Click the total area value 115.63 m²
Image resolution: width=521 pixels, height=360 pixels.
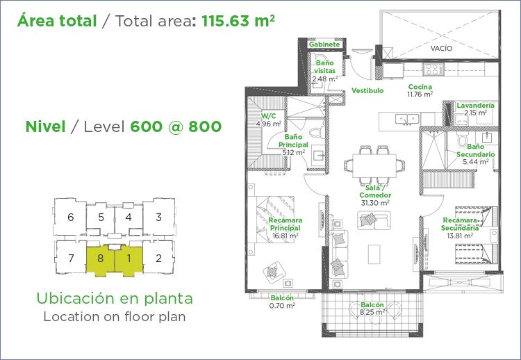[238, 21]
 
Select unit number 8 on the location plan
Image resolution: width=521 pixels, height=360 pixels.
[100, 258]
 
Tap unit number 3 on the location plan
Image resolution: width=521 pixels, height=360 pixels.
[159, 217]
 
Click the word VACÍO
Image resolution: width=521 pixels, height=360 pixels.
[441, 48]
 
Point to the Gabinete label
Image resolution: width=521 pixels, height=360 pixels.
[324, 44]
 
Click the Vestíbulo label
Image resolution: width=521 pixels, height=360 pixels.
[367, 90]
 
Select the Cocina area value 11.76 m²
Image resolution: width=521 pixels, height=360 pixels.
[420, 95]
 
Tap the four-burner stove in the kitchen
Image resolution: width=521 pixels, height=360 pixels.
[433, 69]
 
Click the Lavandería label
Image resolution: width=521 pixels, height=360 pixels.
[475, 106]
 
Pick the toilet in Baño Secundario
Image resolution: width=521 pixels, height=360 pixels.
[462, 139]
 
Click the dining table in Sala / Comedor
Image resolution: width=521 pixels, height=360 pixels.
[374, 165]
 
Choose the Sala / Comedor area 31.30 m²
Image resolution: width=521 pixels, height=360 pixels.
[375, 203]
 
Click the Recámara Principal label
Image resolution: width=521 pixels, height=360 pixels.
[286, 224]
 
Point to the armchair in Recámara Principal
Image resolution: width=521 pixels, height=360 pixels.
[274, 272]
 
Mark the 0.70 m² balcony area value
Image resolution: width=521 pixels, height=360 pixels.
[282, 306]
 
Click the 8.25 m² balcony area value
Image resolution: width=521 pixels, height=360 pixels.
[372, 312]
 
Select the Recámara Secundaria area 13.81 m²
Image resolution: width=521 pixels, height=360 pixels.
[460, 236]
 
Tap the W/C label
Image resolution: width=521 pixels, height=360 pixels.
[268, 116]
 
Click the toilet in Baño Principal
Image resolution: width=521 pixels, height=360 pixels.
[317, 132]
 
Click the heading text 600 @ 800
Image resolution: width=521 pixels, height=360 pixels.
[176, 126]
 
